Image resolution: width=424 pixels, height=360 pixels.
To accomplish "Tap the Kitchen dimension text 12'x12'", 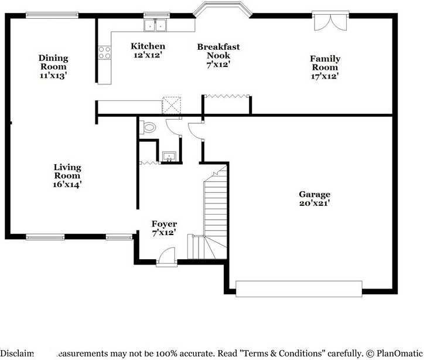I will click(x=148, y=55).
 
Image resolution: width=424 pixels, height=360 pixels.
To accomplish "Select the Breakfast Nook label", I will click(x=218, y=51).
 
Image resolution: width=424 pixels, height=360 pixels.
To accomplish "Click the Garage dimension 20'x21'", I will click(x=314, y=203).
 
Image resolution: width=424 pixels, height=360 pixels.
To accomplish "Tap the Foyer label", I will click(x=164, y=224).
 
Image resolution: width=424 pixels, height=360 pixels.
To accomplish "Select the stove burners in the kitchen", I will click(x=104, y=53).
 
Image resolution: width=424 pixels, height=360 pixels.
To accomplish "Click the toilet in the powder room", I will click(x=149, y=127).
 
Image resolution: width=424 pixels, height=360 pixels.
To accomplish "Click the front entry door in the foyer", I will click(x=166, y=256).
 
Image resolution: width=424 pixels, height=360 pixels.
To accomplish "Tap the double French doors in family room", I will click(x=330, y=21).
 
